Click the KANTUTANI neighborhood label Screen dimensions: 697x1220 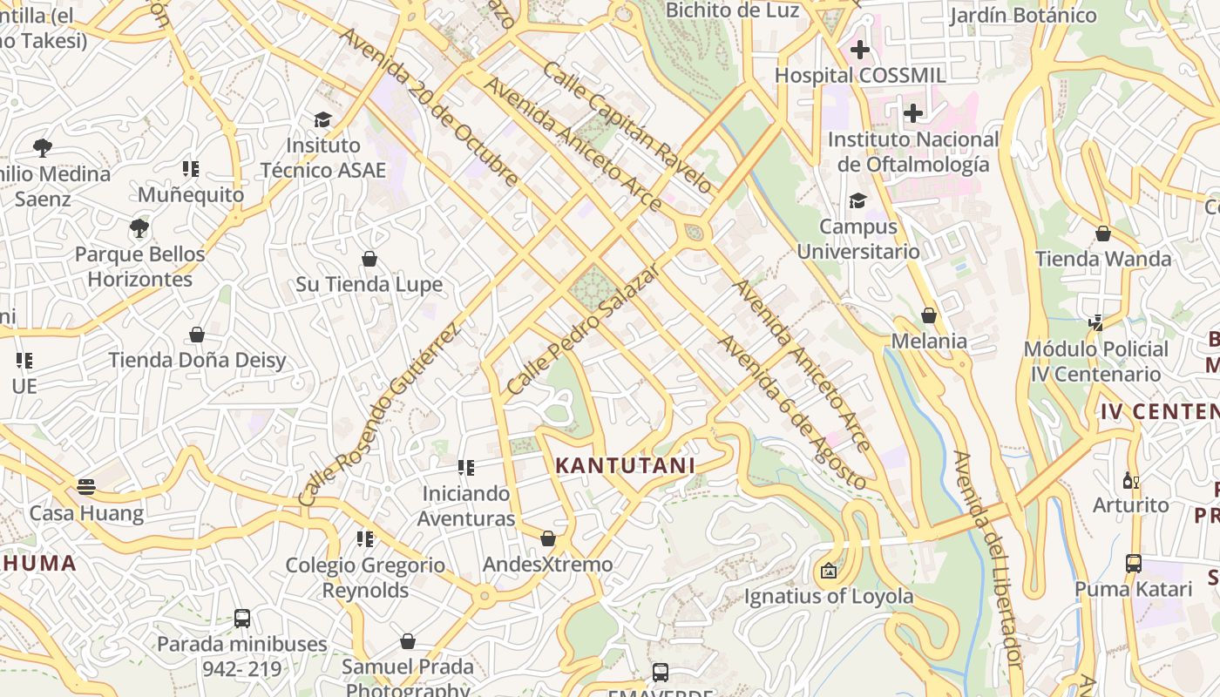tap(625, 465)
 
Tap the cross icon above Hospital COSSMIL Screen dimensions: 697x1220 tap(860, 50)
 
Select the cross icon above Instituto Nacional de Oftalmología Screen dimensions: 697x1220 tap(912, 113)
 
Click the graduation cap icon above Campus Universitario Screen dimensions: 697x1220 tap(857, 201)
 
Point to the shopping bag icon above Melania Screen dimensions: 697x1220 tap(929, 315)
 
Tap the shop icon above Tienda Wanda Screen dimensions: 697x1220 tap(1103, 233)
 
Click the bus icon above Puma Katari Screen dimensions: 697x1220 tap(1133, 564)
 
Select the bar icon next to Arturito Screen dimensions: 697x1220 tap(1131, 480)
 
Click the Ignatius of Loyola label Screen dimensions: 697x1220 tap(828, 596)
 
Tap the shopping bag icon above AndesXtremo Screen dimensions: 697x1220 tap(547, 538)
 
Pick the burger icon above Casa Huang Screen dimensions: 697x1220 tap(85, 487)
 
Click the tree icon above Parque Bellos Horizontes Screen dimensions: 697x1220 tap(139, 229)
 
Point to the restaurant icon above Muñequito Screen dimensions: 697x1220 tap(191, 169)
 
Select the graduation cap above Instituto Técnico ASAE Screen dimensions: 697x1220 tap(323, 119)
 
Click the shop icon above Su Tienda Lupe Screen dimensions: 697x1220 tap(369, 259)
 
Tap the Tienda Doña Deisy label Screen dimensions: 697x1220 tap(197, 360)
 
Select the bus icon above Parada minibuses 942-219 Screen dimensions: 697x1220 tap(242, 619)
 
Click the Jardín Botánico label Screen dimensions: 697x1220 tap(1022, 15)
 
